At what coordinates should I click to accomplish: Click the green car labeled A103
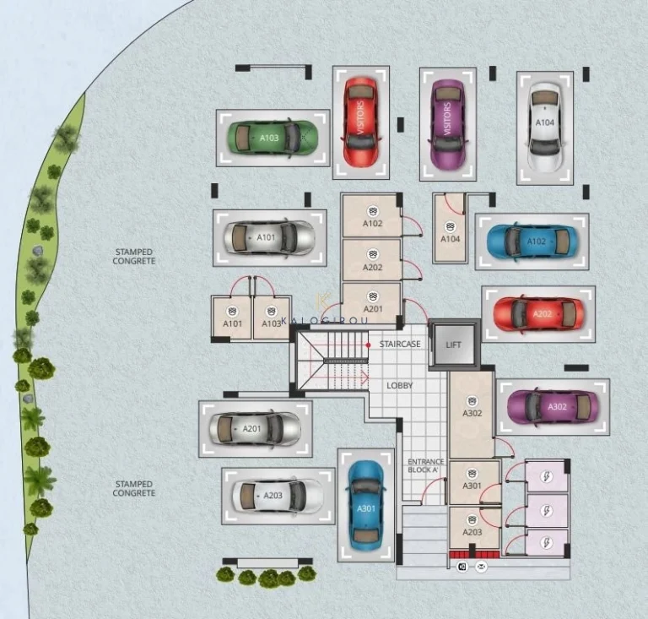(x=273, y=138)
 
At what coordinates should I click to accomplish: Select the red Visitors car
(x=361, y=122)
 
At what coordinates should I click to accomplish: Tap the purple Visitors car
(x=448, y=124)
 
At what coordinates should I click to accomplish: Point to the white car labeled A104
(x=545, y=127)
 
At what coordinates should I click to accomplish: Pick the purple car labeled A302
(x=553, y=407)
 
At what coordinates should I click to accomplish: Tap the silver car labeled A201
(x=256, y=429)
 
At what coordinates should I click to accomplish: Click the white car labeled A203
(x=278, y=496)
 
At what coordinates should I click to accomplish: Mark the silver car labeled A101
(x=269, y=238)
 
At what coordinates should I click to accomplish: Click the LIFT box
(x=454, y=345)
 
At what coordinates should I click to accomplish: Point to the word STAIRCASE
(x=400, y=344)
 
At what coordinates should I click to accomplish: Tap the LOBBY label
(x=400, y=386)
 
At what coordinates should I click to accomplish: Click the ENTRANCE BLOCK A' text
(x=425, y=466)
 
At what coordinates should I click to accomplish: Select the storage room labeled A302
(x=472, y=415)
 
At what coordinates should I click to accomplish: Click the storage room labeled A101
(x=232, y=318)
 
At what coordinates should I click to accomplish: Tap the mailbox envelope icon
(x=481, y=567)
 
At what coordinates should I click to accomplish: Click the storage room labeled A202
(x=372, y=260)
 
